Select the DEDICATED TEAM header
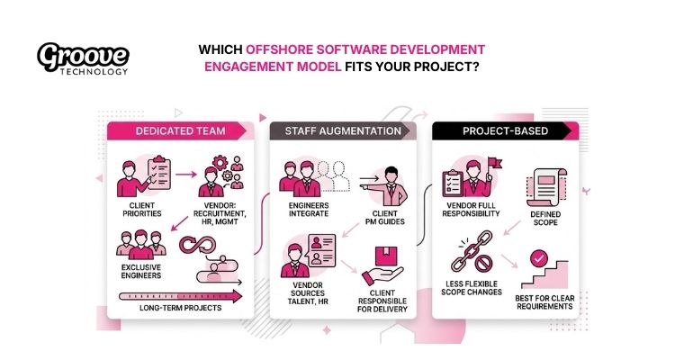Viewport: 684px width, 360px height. (180, 131)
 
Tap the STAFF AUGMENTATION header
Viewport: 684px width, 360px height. (344, 131)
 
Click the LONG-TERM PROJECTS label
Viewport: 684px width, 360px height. (182, 308)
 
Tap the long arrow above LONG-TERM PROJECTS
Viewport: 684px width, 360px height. (185, 293)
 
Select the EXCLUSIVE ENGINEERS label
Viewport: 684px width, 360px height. (142, 273)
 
